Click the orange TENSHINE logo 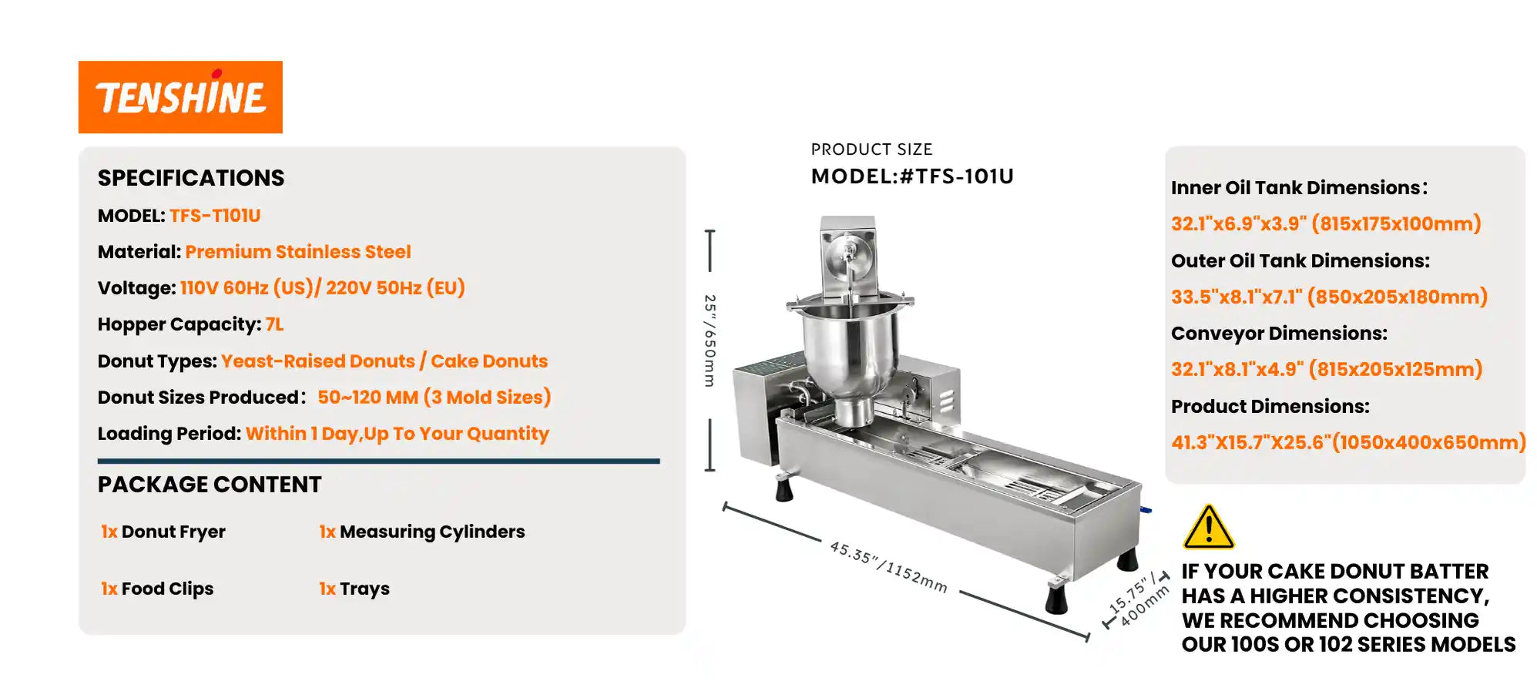(180, 97)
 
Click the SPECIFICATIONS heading (191, 178)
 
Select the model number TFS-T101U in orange (215, 216)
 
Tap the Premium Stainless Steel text (298, 252)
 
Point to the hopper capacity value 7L (275, 324)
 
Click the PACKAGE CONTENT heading (210, 485)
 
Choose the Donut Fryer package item (163, 532)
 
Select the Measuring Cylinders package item (422, 532)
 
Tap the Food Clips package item (157, 589)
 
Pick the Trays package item (354, 589)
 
